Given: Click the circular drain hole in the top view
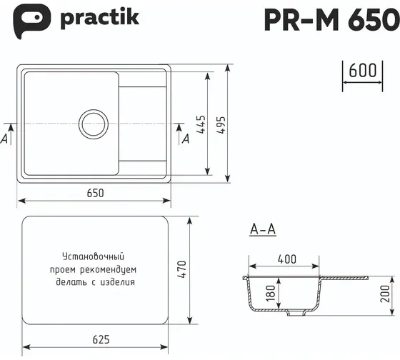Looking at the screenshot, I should (x=94, y=124).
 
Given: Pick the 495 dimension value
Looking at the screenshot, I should (x=222, y=125).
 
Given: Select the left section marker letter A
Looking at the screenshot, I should (x=5, y=139).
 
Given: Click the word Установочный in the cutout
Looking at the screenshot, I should (x=94, y=256).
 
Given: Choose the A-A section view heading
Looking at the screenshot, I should (x=264, y=229).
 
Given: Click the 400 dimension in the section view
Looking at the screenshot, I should (x=287, y=258).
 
